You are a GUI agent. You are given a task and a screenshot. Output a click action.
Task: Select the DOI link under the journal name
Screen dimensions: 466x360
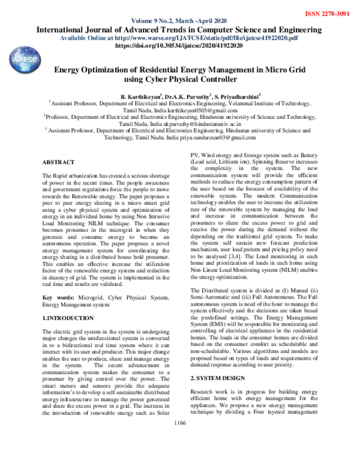[x=178, y=45]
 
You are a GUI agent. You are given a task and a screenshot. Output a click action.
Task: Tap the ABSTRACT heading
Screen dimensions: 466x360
[x=58, y=162]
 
